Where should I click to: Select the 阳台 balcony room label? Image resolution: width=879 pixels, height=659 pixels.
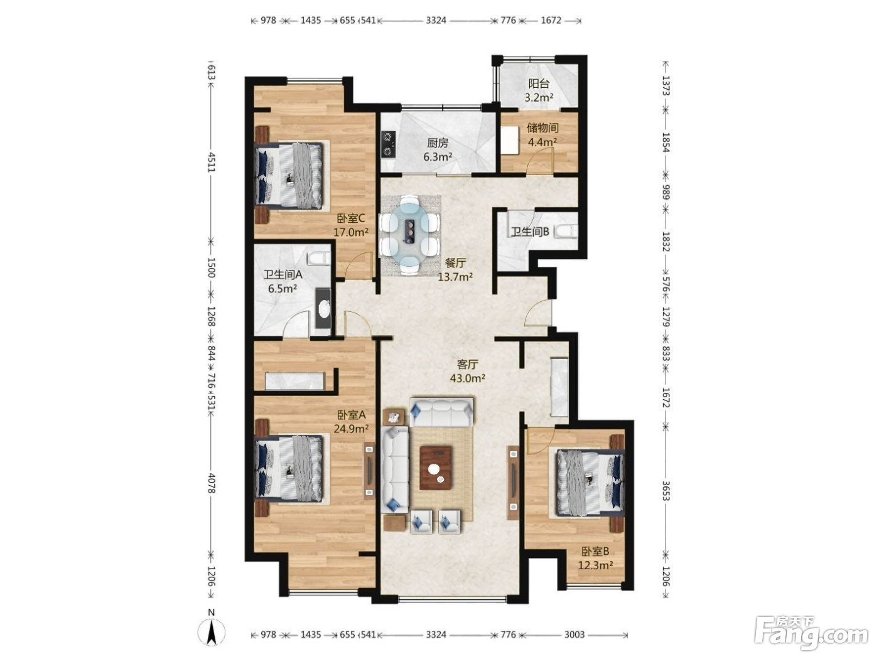tap(539, 83)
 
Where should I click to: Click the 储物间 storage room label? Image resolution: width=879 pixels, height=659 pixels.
tap(542, 128)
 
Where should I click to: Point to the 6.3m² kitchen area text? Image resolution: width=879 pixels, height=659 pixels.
tap(438, 156)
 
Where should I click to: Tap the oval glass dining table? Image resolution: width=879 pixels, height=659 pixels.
tap(409, 234)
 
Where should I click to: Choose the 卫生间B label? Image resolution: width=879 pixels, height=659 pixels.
tap(530, 232)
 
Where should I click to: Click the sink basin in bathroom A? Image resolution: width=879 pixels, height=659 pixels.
tap(323, 309)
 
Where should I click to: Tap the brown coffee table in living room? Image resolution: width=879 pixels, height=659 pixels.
tap(436, 468)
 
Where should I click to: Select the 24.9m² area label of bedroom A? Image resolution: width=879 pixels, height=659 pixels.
tap(351, 429)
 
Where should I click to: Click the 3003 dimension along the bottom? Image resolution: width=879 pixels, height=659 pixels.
tap(574, 635)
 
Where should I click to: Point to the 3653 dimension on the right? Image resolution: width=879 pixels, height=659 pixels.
tap(666, 491)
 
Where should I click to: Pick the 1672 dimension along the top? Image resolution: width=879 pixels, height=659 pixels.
tap(551, 21)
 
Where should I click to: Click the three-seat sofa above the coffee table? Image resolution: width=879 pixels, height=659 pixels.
tap(441, 412)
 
